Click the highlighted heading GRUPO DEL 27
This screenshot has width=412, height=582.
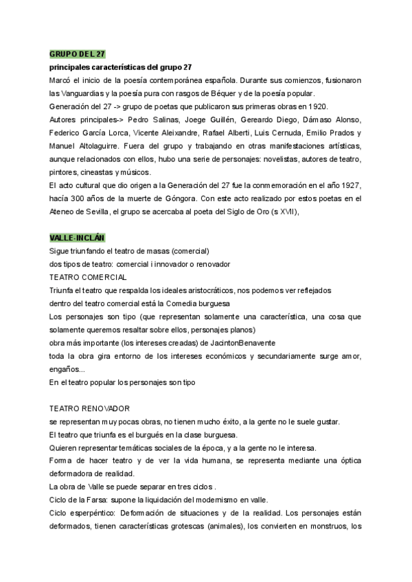click(x=77, y=54)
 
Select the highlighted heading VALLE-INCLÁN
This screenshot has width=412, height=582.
click(x=77, y=237)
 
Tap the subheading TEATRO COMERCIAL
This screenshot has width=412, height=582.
click(x=88, y=277)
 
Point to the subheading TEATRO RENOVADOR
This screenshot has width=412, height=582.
click(x=90, y=408)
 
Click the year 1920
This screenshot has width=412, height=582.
click(x=318, y=106)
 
